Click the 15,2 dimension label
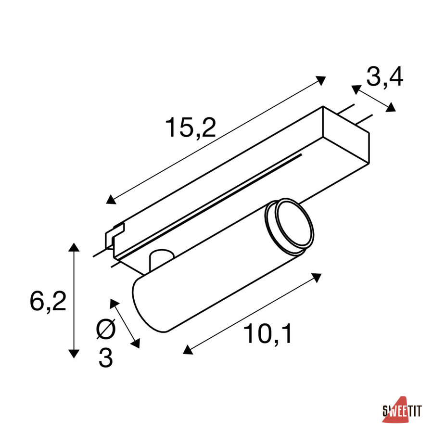tap(190, 127)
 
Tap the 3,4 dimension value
tap(385, 77)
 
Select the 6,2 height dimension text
tap(48, 302)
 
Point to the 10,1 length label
tap(267, 334)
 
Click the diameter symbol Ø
tap(106, 329)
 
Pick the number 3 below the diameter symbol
tap(106, 358)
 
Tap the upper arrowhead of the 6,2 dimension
tap(74, 247)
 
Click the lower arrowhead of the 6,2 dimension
tap(74, 354)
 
